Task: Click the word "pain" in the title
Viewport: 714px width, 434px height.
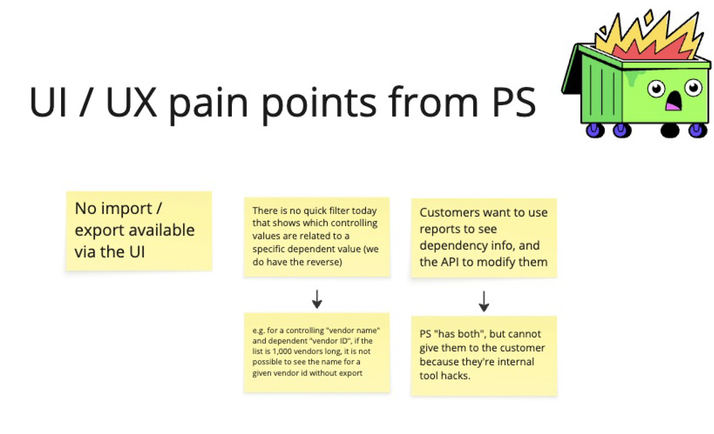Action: click(x=208, y=103)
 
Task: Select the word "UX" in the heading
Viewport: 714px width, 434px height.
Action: click(x=131, y=102)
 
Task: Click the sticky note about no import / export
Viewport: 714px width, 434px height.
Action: click(x=138, y=231)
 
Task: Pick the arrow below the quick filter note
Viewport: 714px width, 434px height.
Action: click(x=317, y=299)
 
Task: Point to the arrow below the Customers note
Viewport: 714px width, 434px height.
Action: click(x=483, y=301)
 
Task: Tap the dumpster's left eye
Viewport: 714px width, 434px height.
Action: click(x=656, y=89)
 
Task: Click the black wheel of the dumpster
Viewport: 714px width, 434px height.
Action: click(x=669, y=130)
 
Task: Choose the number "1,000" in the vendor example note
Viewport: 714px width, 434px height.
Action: click(x=282, y=351)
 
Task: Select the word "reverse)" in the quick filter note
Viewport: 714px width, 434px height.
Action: click(x=325, y=262)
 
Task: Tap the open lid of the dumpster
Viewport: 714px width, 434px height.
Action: click(x=572, y=71)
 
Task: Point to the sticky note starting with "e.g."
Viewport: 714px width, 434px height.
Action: click(x=317, y=352)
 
